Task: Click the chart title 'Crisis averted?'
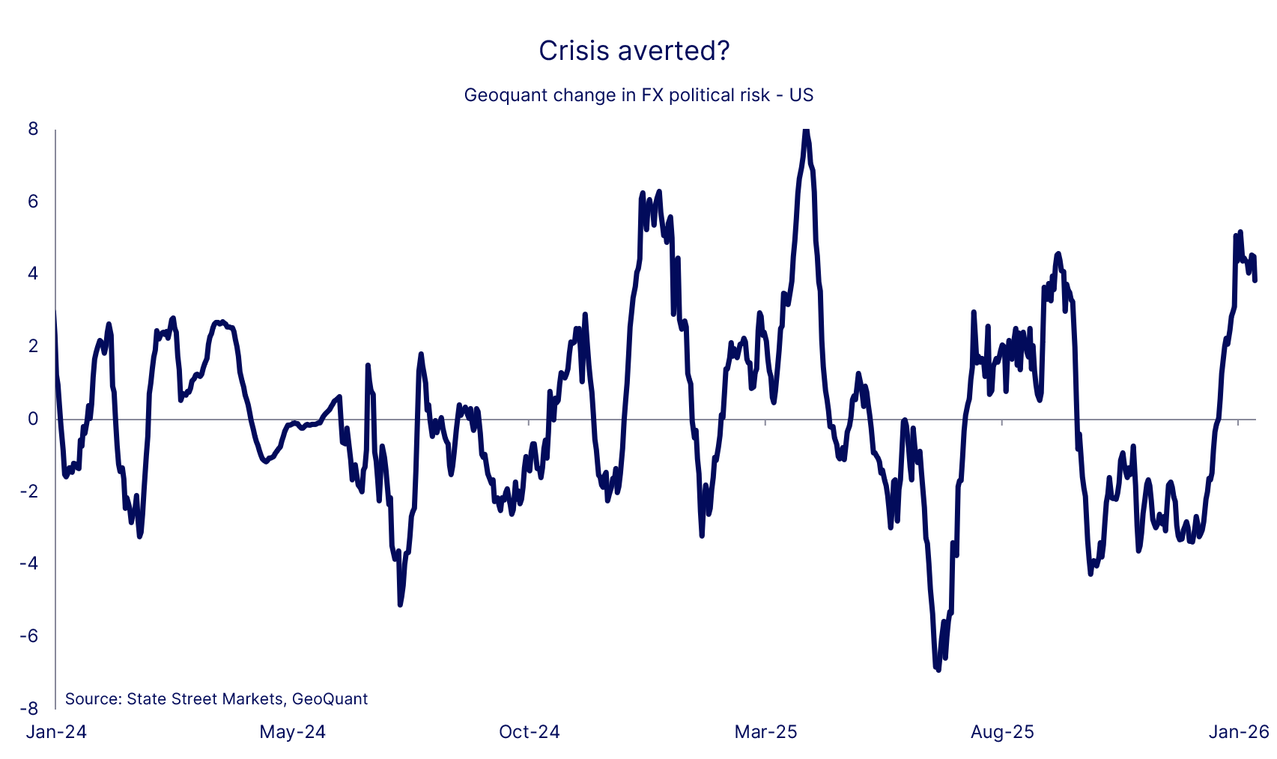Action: (x=634, y=51)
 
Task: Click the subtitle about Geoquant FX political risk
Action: (x=638, y=95)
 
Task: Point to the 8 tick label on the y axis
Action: (x=32, y=129)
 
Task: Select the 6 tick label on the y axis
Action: (x=32, y=202)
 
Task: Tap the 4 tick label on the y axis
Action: (x=32, y=273)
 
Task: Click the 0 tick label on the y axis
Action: (x=32, y=419)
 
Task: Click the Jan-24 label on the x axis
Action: (x=56, y=732)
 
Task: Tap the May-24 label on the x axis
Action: (x=293, y=732)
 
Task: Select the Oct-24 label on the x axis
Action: (x=530, y=732)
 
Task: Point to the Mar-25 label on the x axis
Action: (x=766, y=732)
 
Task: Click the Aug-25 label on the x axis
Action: (x=1002, y=732)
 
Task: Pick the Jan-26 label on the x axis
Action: (x=1239, y=732)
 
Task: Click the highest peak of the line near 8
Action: (x=806, y=132)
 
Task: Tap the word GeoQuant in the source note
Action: (x=330, y=699)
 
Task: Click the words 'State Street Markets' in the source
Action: (x=204, y=699)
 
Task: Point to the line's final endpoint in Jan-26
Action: (x=1255, y=280)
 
